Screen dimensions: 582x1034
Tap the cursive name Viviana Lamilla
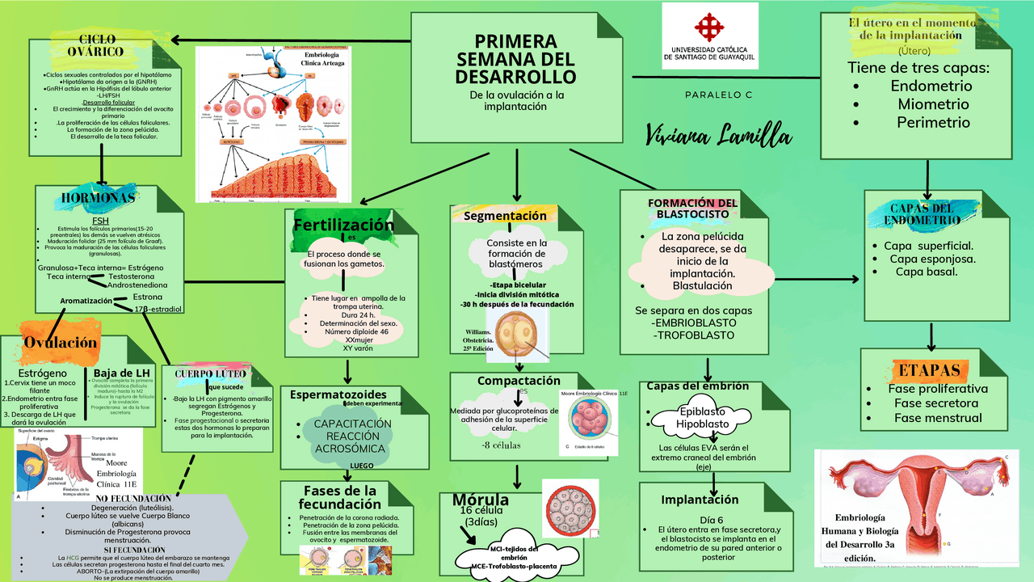718,135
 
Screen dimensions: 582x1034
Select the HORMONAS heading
99,198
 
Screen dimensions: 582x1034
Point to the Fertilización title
343,226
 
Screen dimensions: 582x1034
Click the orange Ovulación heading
60,342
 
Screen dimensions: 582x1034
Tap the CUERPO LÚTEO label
210,373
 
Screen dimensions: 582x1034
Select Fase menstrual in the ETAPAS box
937,418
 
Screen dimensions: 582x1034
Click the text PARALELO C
718,95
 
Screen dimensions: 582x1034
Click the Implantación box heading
700,500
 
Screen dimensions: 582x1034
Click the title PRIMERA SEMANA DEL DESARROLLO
515,59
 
